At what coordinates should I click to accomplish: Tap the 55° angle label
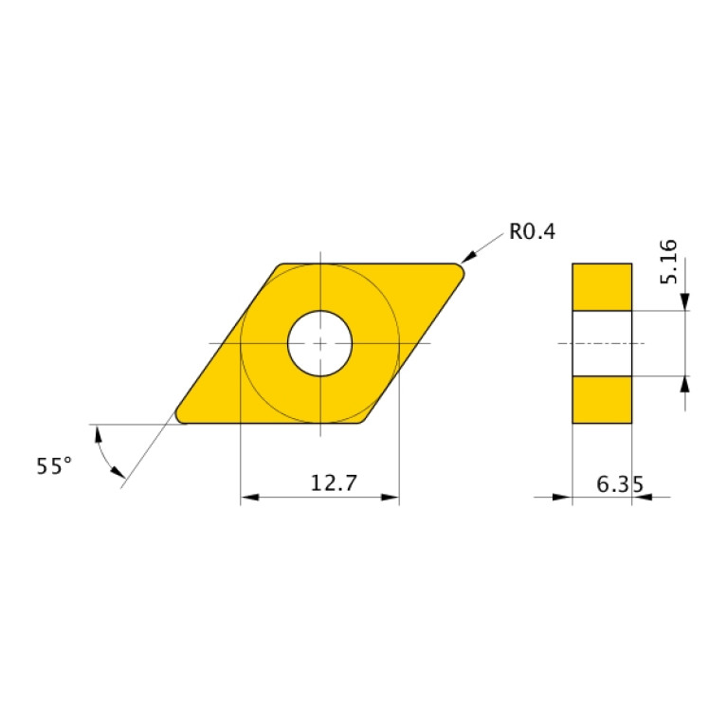pyautogui.click(x=54, y=465)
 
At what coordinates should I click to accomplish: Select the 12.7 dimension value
pyautogui.click(x=334, y=482)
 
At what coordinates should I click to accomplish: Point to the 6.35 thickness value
pyautogui.click(x=620, y=484)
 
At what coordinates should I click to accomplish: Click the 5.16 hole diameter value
pyautogui.click(x=668, y=263)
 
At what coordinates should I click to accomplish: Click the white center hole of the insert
pyautogui.click(x=320, y=342)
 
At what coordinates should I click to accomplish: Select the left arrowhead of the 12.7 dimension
pyautogui.click(x=248, y=497)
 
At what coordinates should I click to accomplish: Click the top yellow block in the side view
pyautogui.click(x=602, y=286)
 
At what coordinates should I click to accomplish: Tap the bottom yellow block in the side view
pyautogui.click(x=602, y=399)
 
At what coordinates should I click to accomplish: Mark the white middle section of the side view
pyautogui.click(x=602, y=342)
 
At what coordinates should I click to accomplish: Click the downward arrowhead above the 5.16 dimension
pyautogui.click(x=684, y=301)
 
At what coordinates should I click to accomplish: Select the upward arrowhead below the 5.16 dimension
pyautogui.click(x=684, y=383)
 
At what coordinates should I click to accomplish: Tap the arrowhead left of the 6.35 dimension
pyautogui.click(x=565, y=496)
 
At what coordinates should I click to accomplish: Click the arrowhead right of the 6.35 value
pyautogui.click(x=640, y=496)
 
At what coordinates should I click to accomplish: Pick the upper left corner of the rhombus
pyautogui.click(x=282, y=266)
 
